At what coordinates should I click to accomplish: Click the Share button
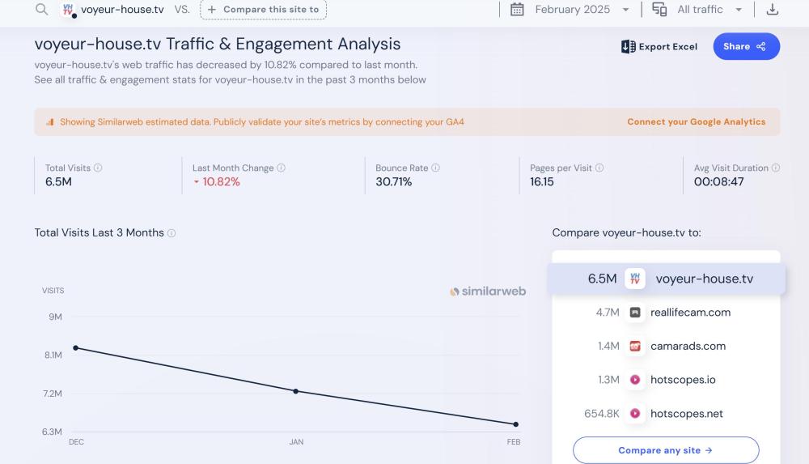746,46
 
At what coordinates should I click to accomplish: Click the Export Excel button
659,47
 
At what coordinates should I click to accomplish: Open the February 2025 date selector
570,10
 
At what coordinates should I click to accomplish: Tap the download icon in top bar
772,10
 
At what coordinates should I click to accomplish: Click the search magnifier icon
42,10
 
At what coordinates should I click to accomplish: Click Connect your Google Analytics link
696,122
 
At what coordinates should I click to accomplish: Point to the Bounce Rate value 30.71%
394,182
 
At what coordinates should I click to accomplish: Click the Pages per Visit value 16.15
542,182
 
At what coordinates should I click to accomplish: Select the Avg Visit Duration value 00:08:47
718,182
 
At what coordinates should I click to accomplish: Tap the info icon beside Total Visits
98,168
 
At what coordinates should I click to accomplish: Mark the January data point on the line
295,391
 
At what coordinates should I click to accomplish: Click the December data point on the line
76,348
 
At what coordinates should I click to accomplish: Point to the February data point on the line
515,424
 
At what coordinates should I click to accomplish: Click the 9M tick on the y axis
55,317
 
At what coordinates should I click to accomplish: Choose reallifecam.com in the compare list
690,313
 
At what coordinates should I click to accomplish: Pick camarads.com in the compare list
688,347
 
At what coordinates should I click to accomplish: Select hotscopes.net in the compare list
687,414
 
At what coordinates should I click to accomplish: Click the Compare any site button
665,450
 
